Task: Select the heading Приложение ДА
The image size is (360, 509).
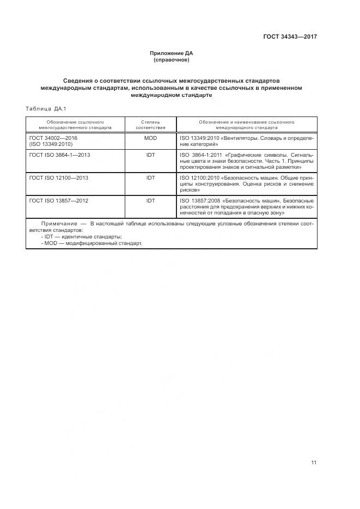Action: [172, 53]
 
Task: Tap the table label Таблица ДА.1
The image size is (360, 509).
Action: [45, 109]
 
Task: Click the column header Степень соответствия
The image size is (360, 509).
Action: [150, 125]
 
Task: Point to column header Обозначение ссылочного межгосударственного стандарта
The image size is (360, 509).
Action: [75, 125]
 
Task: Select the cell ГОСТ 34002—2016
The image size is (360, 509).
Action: [53, 138]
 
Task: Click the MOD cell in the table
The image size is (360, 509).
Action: [150, 138]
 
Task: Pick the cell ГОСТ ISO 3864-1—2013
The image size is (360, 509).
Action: [60, 155]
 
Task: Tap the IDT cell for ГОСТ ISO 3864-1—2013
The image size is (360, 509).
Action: [150, 155]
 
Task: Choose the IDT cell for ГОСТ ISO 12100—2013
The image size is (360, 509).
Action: [150, 178]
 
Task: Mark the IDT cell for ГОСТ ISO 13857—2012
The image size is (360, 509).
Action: [150, 201]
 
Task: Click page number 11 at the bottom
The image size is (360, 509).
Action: [314, 463]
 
